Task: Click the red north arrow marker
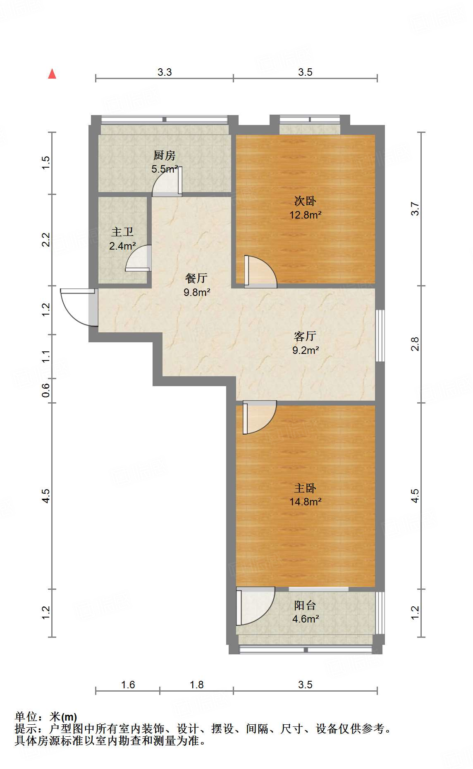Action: (x=52, y=74)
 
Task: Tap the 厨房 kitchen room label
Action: (x=165, y=156)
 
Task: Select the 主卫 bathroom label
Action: (x=122, y=232)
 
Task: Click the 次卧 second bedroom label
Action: (x=305, y=201)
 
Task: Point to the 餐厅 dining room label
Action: (x=196, y=278)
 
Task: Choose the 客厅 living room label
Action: (x=305, y=336)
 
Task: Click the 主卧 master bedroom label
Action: (x=305, y=488)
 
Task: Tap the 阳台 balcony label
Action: (x=305, y=606)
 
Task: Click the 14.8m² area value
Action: (x=306, y=502)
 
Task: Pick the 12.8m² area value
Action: (x=306, y=215)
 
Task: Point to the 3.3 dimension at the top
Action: (x=165, y=72)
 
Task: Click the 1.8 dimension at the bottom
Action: (x=197, y=685)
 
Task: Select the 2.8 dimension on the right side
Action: (x=415, y=344)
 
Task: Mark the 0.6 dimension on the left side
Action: (x=46, y=390)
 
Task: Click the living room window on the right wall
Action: (x=380, y=336)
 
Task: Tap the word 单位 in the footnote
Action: (x=26, y=717)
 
